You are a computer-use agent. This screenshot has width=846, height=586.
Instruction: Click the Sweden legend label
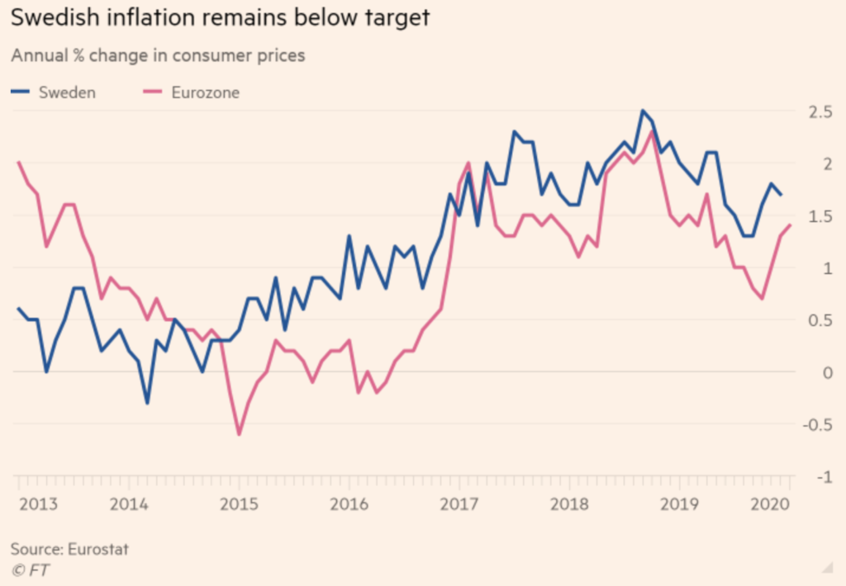point(67,92)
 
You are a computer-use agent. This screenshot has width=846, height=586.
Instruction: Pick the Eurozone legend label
point(205,92)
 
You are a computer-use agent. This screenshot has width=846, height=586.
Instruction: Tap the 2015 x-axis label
point(237,504)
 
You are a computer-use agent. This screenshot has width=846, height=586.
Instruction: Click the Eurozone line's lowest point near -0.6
point(240,434)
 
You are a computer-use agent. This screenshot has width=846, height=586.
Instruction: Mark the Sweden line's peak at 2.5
point(642,111)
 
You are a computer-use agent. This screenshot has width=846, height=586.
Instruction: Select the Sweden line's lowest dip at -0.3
point(148,403)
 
